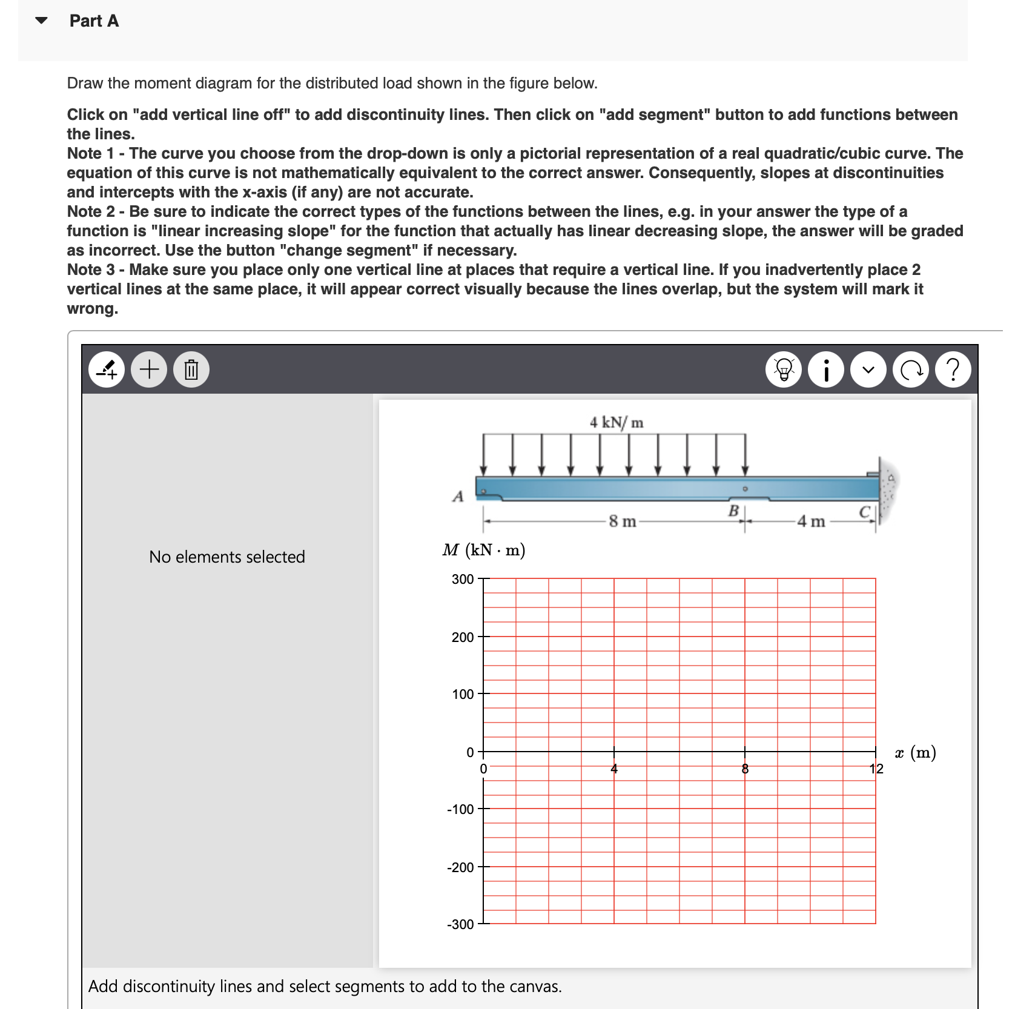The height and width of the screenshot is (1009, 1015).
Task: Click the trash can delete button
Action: point(191,369)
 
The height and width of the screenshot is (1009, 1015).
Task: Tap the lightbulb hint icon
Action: point(784,369)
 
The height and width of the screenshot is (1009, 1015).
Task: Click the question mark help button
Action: point(953,369)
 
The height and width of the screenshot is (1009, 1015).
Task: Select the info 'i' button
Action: point(826,369)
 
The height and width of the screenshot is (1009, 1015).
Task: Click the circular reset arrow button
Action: point(911,369)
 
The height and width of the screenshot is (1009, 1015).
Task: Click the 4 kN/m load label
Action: point(617,422)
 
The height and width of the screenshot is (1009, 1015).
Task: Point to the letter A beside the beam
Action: point(458,497)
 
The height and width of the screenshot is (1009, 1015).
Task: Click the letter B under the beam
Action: point(733,511)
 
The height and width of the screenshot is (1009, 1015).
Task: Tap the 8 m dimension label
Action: point(623,521)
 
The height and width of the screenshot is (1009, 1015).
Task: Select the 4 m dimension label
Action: point(811,521)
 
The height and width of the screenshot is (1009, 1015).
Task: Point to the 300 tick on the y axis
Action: point(463,579)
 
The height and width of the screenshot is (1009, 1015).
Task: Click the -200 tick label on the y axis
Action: point(460,867)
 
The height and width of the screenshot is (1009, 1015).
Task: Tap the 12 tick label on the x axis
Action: point(876,769)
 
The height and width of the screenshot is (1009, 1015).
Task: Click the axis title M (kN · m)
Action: point(483,550)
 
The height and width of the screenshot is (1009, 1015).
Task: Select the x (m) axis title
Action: point(915,752)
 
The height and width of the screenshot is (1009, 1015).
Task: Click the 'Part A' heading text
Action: point(94,21)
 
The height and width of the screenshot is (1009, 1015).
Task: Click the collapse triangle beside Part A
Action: point(41,21)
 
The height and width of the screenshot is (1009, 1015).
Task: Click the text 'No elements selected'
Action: point(227,557)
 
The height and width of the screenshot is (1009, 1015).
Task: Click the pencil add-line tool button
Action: point(107,369)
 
